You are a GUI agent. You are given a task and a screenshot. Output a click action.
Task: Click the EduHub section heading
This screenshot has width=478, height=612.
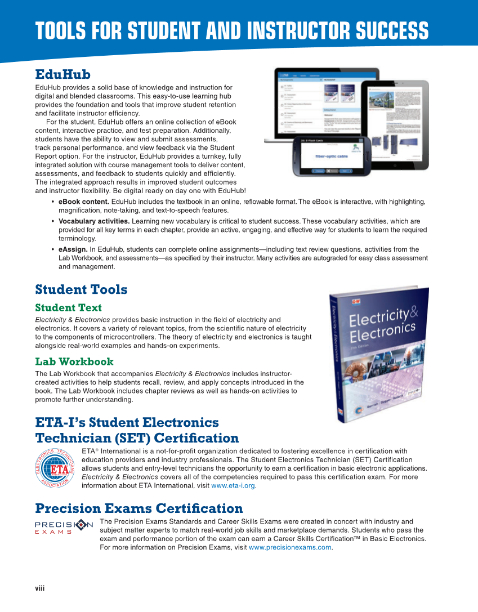click(62, 74)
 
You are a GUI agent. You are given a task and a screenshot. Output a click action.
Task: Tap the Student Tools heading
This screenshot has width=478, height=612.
click(81, 289)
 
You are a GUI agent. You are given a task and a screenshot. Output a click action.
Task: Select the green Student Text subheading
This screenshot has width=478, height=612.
click(68, 307)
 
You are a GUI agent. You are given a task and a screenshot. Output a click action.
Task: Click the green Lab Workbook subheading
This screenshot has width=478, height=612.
click(74, 361)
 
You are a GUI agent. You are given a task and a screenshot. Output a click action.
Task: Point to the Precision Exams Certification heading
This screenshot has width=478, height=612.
click(139, 509)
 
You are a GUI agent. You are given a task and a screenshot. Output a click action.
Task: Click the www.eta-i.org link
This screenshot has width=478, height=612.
click(233, 486)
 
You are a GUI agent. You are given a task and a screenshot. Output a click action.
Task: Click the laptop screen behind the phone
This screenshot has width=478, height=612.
click(315, 101)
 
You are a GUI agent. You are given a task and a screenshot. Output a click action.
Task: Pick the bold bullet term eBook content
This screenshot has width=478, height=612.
click(84, 202)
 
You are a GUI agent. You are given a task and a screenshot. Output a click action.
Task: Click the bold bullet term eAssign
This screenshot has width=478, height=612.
click(73, 249)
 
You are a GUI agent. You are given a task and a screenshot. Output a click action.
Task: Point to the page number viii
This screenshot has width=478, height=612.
click(39, 588)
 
